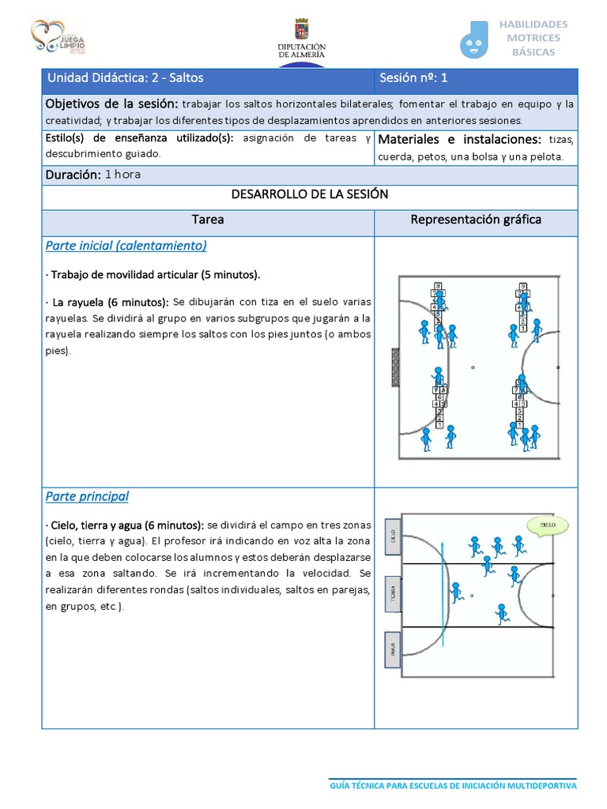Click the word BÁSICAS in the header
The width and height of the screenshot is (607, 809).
tap(533, 52)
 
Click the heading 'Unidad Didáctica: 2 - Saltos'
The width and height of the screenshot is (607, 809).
tap(125, 78)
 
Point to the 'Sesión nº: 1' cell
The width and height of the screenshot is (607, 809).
tap(414, 78)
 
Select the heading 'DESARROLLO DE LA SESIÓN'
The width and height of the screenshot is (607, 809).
tap(309, 194)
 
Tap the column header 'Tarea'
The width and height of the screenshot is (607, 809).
tap(208, 220)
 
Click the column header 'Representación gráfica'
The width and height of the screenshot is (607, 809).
tap(475, 220)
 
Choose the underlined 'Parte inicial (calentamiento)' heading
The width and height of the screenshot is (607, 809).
tap(126, 246)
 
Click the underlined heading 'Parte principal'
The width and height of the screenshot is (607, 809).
tap(87, 496)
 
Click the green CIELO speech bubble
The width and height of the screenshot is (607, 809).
tap(547, 524)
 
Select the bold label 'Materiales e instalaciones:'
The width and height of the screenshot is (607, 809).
tap(460, 140)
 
